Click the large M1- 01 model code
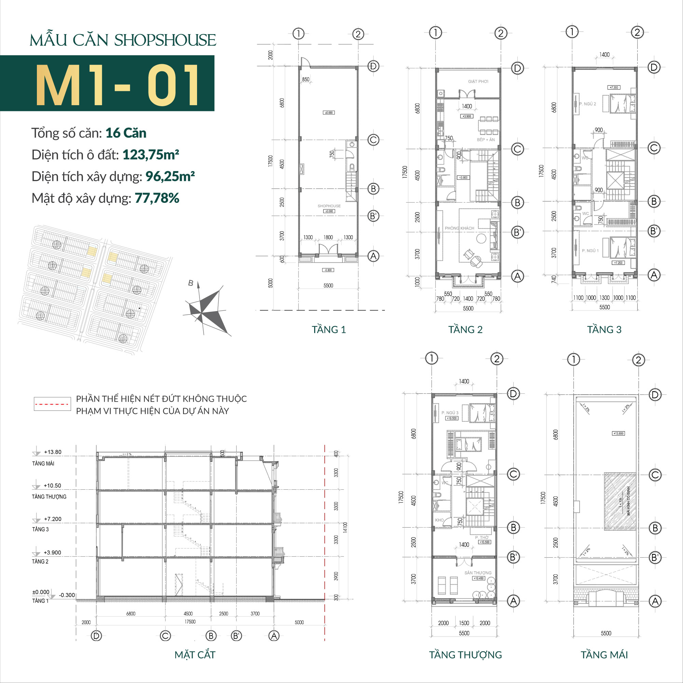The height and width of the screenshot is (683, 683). pos(117,85)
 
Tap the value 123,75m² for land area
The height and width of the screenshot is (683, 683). pos(151,154)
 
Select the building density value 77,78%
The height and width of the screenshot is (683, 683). pos(157,198)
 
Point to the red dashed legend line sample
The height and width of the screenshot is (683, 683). pos(52,404)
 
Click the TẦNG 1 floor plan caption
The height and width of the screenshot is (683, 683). pos(329,330)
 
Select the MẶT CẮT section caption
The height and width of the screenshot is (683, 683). pos(195,655)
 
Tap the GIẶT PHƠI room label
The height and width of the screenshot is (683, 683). pos(478,82)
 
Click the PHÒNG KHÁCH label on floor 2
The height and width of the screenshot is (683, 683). pos(459,228)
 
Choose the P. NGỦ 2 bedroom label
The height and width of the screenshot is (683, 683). pos(587,104)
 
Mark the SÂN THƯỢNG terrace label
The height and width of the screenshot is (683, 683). pos(478,573)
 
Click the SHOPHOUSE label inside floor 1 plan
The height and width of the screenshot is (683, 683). pos(329,206)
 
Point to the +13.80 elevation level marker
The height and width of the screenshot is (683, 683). pos(52,452)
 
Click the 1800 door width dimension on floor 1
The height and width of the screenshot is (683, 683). pos(328,238)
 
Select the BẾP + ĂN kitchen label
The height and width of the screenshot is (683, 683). pos(486,140)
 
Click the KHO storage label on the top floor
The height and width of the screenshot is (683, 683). pos(439,520)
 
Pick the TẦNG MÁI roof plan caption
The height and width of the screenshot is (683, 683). pos(604,655)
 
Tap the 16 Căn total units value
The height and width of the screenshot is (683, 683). pos(125,133)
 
